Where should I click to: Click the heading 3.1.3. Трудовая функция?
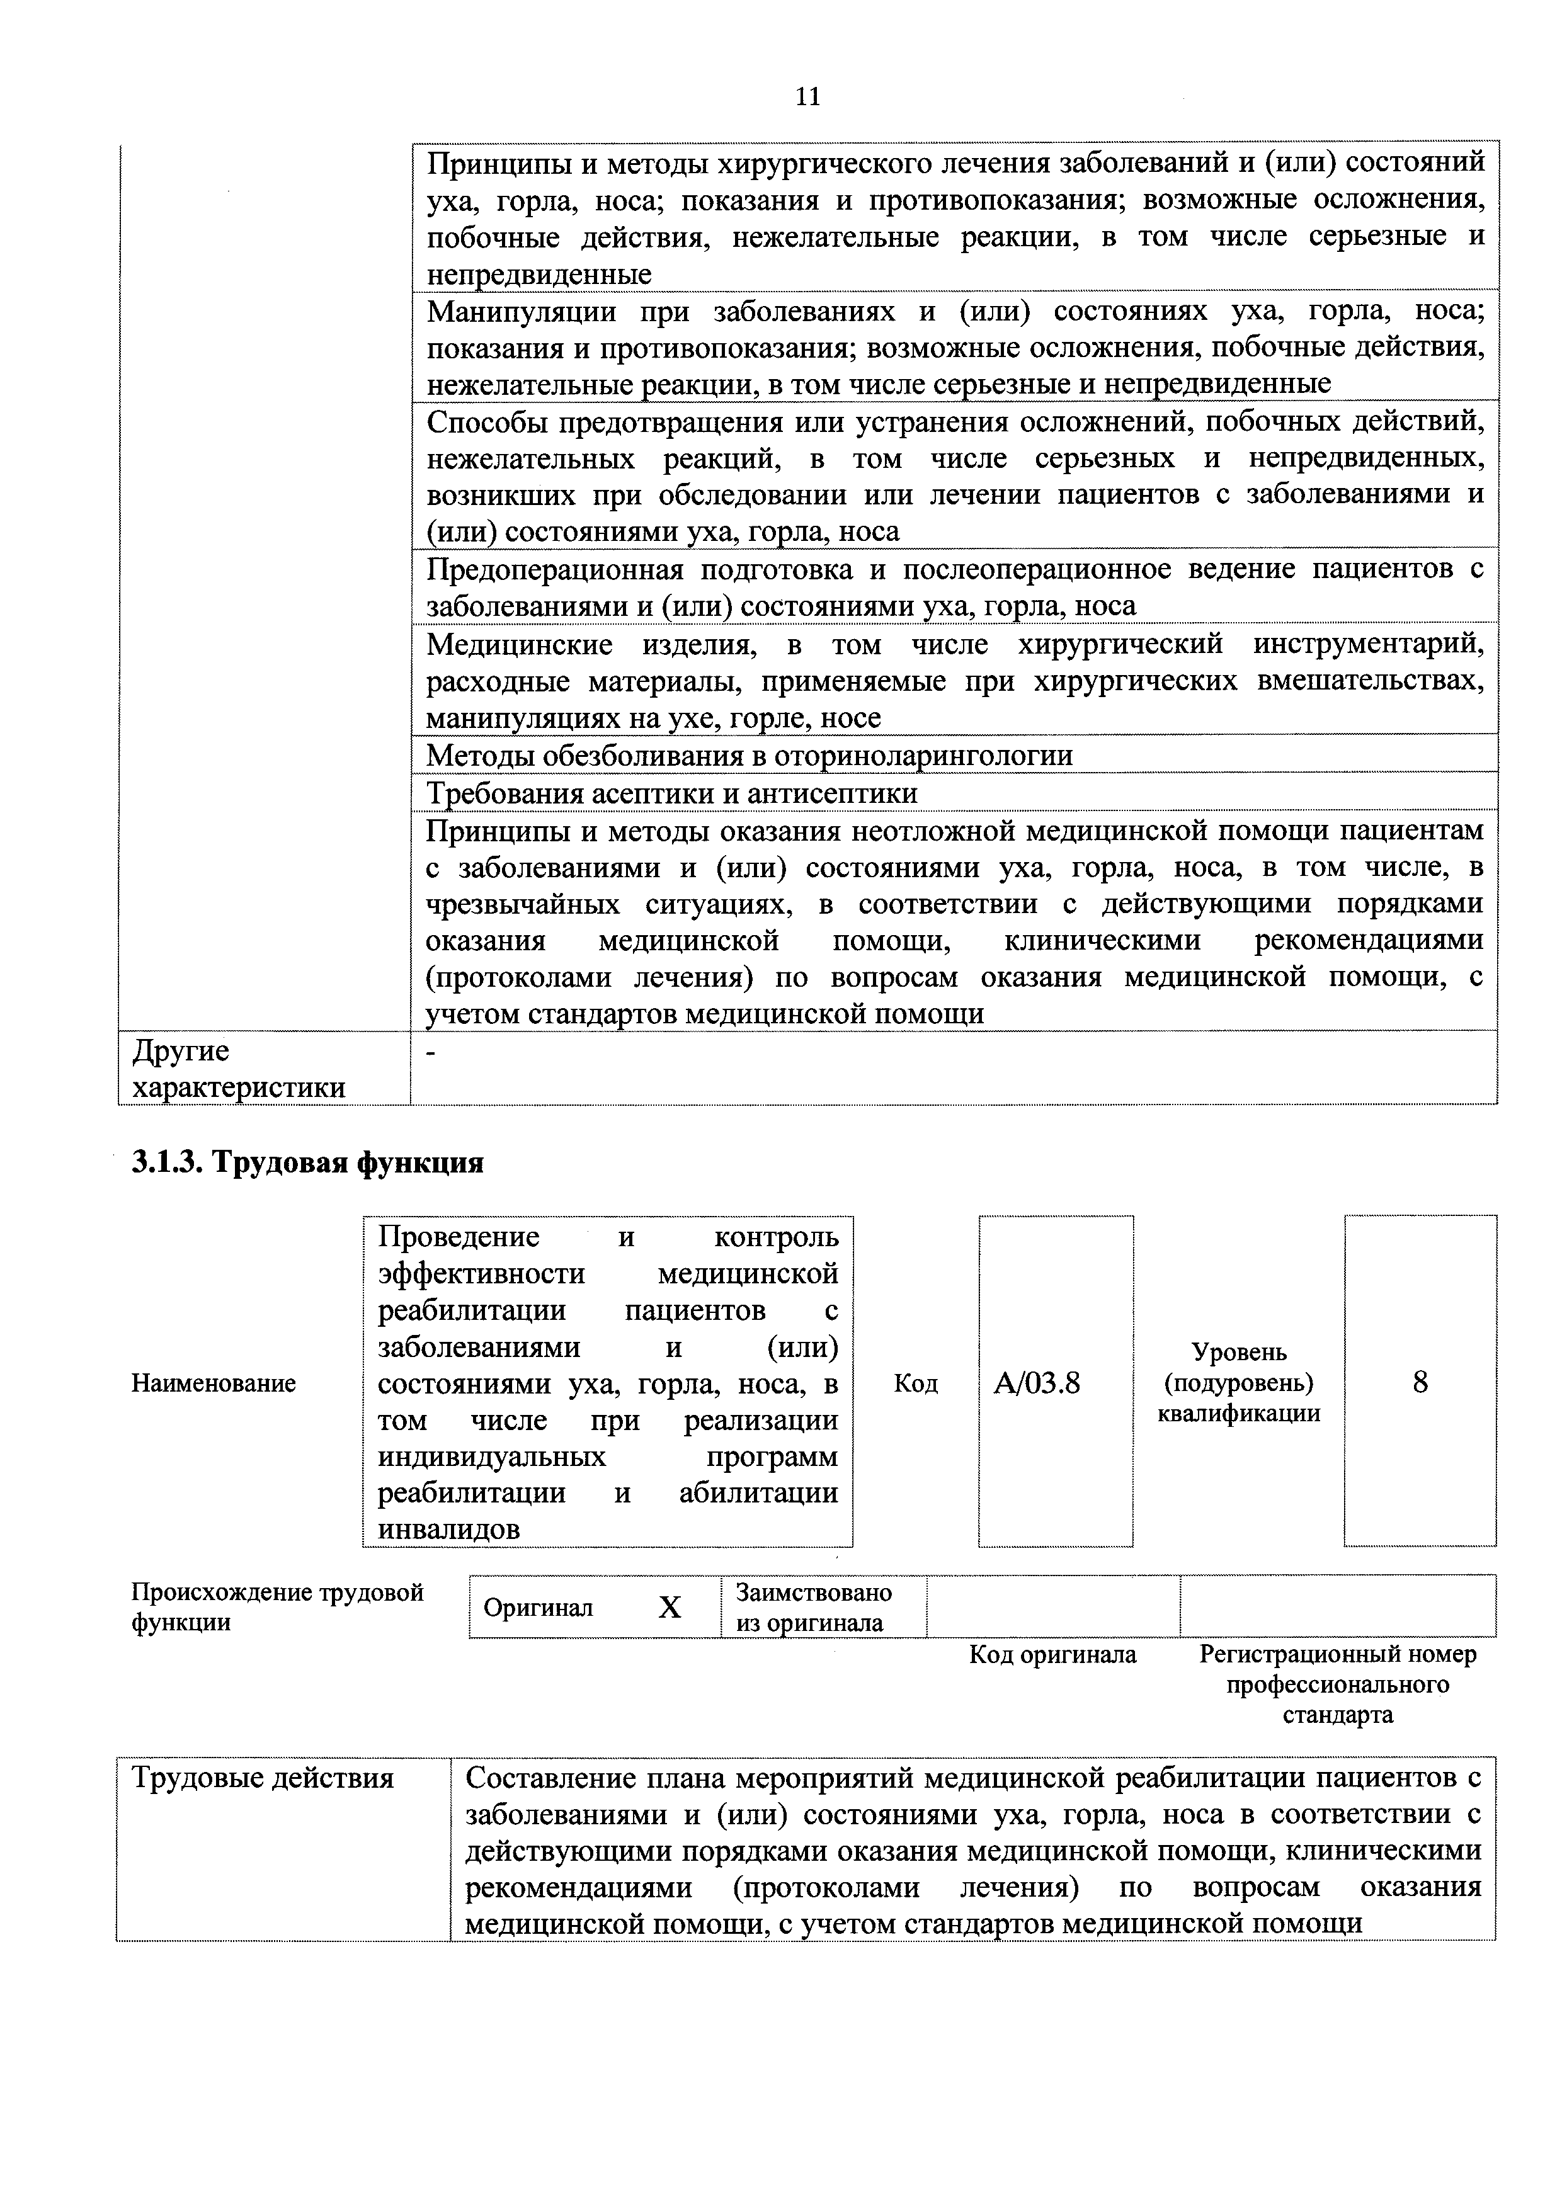click(307, 1162)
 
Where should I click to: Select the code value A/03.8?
click(1037, 1383)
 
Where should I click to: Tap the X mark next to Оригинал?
click(670, 1608)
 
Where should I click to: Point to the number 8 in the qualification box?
click(1420, 1383)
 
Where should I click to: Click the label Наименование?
click(214, 1383)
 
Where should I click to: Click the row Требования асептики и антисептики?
click(672, 793)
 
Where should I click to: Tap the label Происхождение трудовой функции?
click(277, 1607)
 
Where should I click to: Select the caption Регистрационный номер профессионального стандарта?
click(1338, 1684)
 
